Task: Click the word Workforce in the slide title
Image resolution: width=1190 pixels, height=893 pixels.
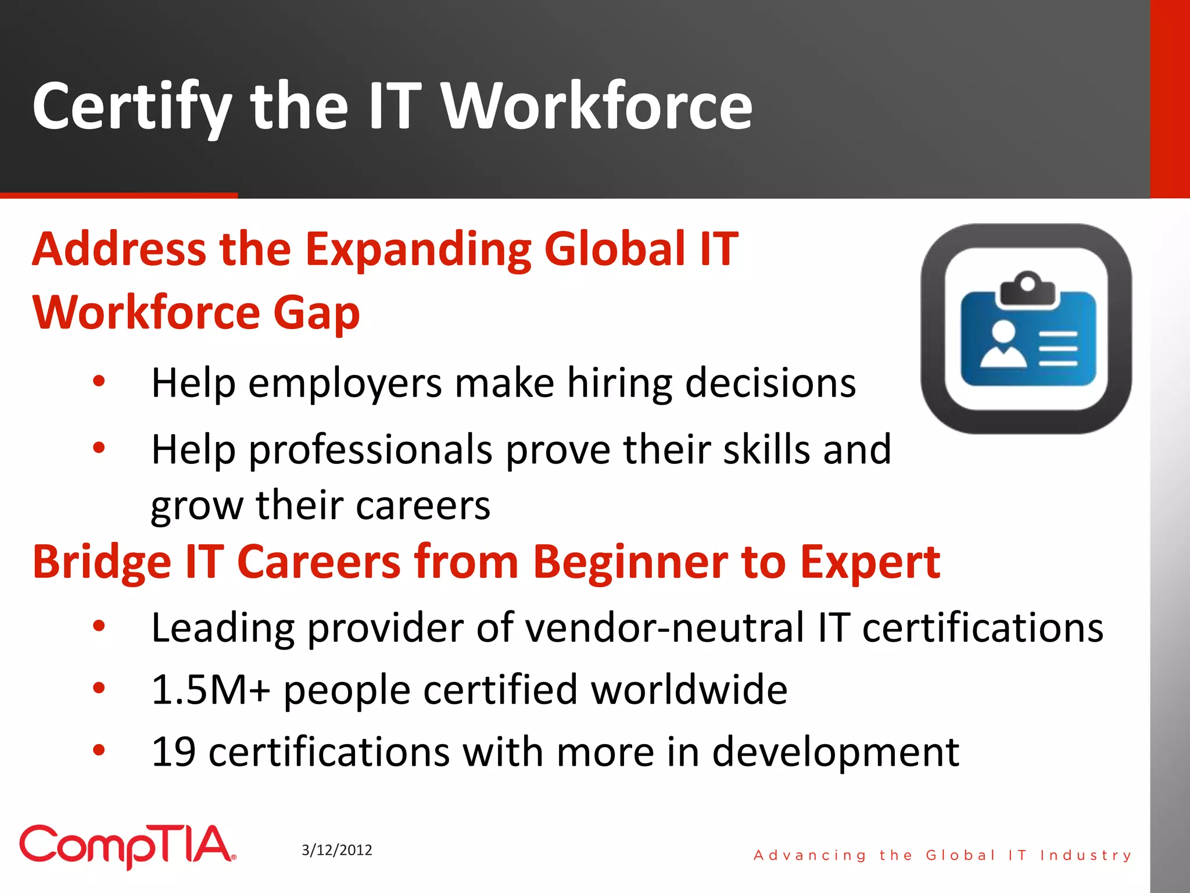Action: (x=597, y=106)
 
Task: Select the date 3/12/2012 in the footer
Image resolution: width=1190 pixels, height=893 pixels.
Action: (x=337, y=850)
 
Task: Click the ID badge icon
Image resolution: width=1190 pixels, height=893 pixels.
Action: (x=1026, y=329)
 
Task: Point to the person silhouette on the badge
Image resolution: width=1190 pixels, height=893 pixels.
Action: (x=1003, y=345)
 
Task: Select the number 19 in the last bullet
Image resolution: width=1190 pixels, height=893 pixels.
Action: (x=173, y=752)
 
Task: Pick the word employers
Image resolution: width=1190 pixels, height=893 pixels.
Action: (x=345, y=384)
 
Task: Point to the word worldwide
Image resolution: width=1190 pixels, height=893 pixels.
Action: (x=689, y=690)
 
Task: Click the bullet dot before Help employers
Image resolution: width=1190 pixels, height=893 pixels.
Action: (x=99, y=382)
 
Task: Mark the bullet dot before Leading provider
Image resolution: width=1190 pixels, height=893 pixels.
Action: (x=99, y=626)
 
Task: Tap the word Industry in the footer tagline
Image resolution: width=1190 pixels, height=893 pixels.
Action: (x=1085, y=855)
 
